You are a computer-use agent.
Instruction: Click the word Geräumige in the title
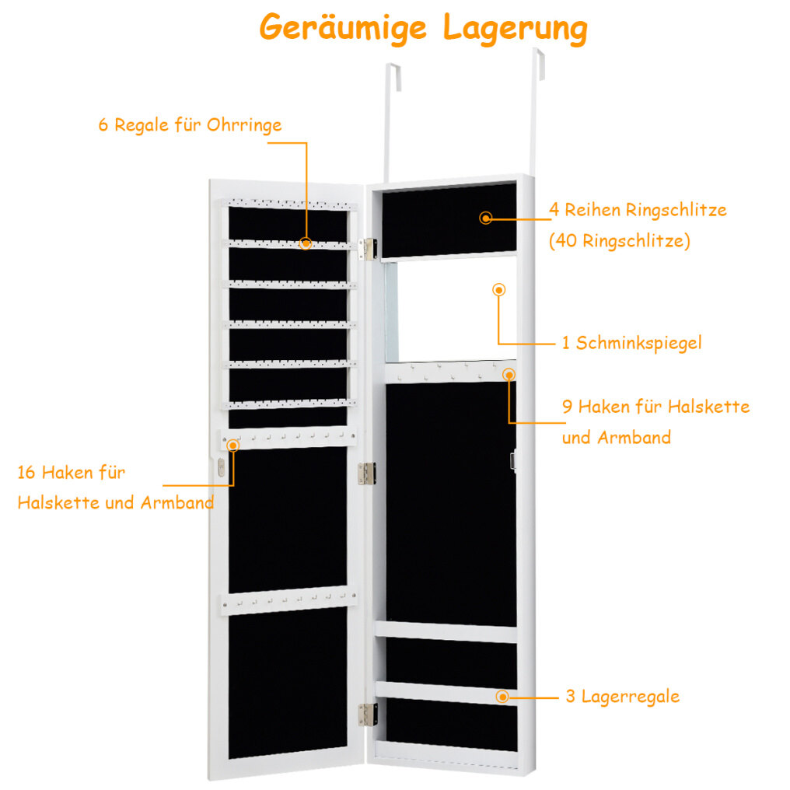click(x=343, y=28)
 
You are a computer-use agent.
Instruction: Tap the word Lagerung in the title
click(x=516, y=30)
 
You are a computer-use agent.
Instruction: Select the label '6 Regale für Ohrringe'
click(x=190, y=125)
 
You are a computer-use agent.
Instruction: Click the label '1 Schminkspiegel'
click(x=631, y=343)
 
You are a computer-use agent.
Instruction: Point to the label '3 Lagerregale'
click(x=622, y=696)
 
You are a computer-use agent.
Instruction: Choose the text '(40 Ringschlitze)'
click(x=620, y=241)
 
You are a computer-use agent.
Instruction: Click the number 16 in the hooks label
click(x=26, y=473)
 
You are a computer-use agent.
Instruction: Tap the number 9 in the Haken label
click(x=568, y=407)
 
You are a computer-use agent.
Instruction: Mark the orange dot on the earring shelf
click(x=306, y=243)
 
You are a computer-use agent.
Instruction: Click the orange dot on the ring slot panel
click(x=486, y=218)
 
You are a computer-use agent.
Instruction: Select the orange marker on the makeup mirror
click(x=498, y=290)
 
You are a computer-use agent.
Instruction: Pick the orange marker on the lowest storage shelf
click(x=502, y=696)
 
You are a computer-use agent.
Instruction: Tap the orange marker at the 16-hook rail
click(x=232, y=446)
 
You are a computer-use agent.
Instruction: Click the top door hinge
click(x=369, y=249)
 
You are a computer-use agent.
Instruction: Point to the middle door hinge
click(x=367, y=473)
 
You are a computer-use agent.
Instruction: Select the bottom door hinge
click(x=368, y=715)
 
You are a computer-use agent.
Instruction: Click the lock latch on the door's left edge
click(x=221, y=467)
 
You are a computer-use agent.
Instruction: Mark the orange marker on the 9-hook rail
click(x=509, y=374)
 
